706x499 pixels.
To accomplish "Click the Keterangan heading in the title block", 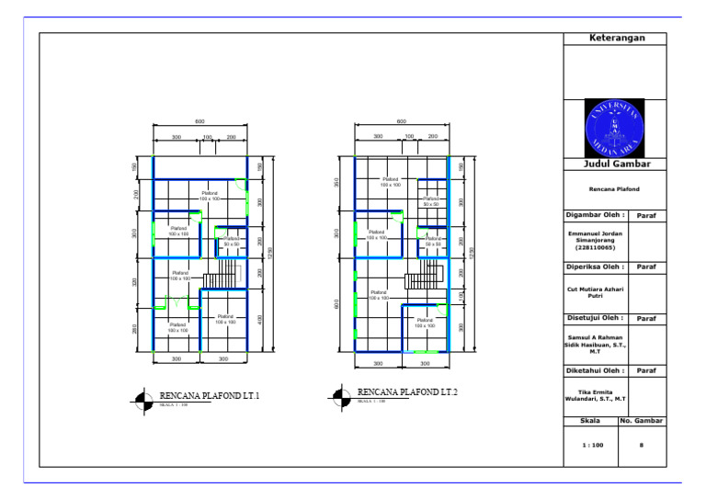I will [x=616, y=39].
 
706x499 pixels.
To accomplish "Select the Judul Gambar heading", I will [x=616, y=164].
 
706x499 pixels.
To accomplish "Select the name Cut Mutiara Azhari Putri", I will [x=595, y=292].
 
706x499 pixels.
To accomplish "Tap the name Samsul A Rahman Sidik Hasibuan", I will [x=595, y=344].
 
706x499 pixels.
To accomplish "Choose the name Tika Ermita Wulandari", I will [x=595, y=396].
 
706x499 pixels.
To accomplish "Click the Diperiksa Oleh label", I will [x=595, y=267].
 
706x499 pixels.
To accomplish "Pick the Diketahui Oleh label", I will [x=595, y=370].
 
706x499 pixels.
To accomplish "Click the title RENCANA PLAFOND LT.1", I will [x=210, y=395].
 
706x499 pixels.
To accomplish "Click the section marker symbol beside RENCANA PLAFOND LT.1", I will [x=142, y=399].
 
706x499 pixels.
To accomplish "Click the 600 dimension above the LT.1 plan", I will [x=199, y=121].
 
